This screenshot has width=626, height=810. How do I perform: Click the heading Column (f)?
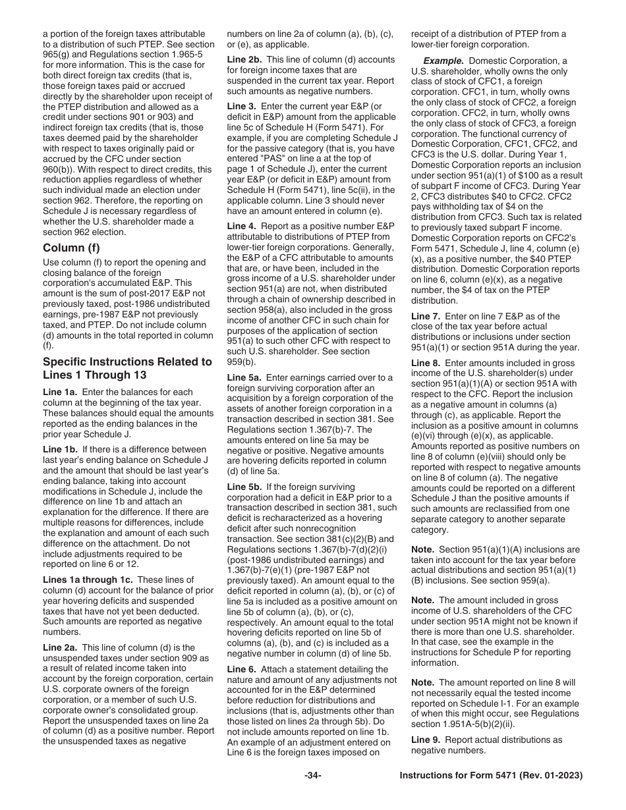71,248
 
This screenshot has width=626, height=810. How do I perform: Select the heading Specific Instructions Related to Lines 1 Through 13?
127,368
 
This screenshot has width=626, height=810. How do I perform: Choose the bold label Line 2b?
244,59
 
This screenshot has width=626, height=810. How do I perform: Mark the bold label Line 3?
241,105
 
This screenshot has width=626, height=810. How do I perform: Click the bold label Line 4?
241,225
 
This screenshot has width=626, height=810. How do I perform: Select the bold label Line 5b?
244,468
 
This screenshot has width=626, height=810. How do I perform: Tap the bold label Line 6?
241,669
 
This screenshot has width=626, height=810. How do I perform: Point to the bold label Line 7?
425,316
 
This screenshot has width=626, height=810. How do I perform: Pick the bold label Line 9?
425,740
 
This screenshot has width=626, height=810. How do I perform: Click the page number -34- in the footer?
312,776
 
